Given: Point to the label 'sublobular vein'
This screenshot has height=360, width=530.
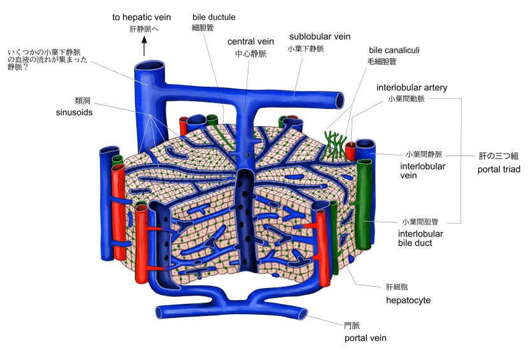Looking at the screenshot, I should (320, 37).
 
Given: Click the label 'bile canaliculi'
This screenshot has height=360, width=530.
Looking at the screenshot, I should (394, 50).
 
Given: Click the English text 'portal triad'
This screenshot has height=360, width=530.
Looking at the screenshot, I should (499, 169).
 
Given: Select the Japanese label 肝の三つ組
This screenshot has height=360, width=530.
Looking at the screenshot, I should (499, 155).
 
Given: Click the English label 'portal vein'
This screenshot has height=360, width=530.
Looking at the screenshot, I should (365, 338).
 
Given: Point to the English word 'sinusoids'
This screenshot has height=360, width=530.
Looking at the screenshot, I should (75, 112).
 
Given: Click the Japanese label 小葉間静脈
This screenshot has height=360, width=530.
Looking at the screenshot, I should (424, 154).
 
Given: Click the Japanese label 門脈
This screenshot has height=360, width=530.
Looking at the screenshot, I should (352, 326).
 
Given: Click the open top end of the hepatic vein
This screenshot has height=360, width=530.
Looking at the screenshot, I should (148, 65).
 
